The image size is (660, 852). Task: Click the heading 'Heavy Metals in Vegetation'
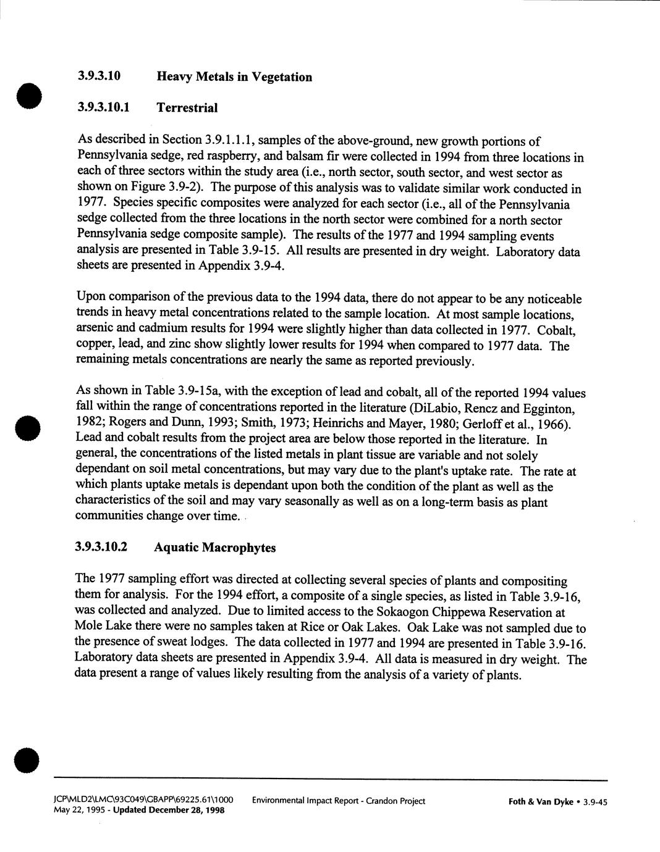234,77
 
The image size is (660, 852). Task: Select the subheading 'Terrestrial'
187,108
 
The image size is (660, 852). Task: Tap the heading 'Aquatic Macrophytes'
215,548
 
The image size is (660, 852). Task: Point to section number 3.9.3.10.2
101,547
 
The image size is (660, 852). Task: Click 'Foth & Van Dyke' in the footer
540,802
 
